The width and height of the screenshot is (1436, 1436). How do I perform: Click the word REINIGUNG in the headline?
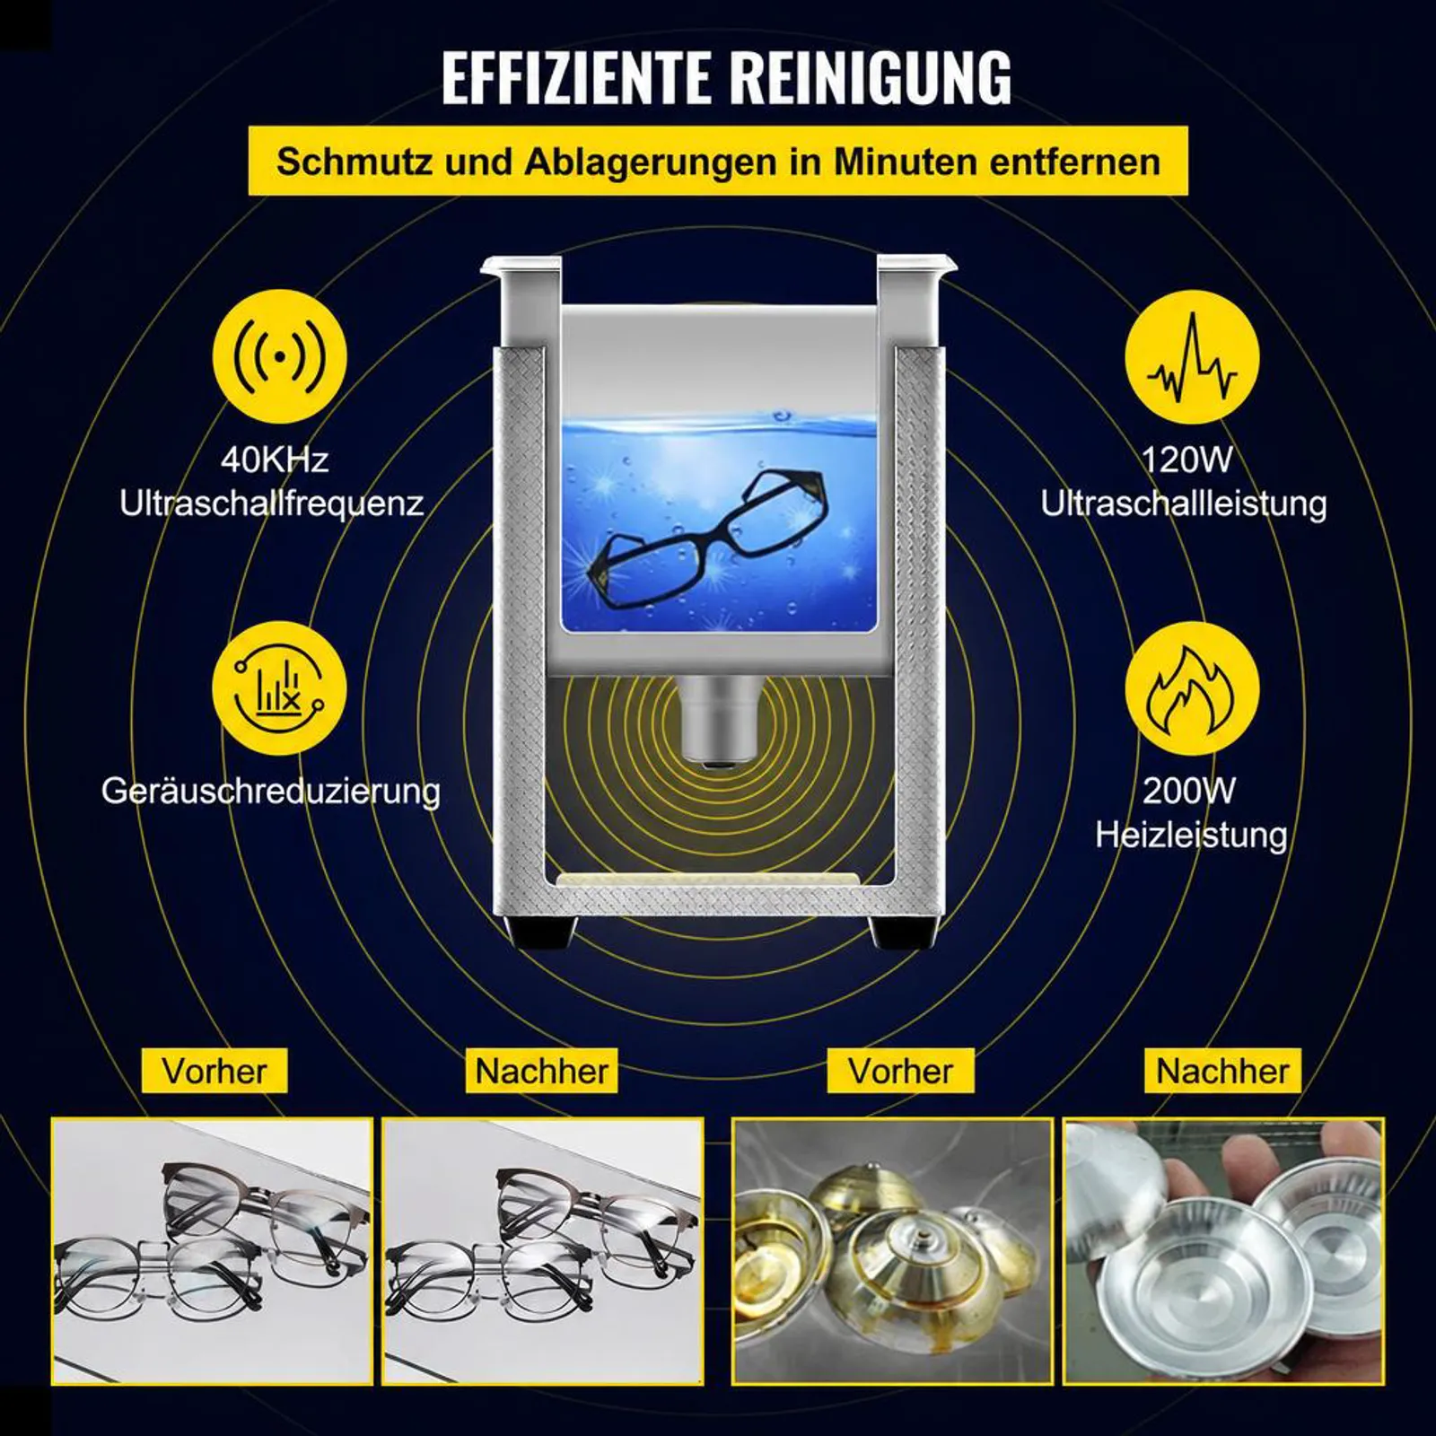coord(871,77)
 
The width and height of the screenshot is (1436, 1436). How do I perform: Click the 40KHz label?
coord(275,460)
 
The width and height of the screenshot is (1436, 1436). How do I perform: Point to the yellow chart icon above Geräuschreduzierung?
coord(279,688)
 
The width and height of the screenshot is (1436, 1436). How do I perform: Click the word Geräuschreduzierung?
coord(271,792)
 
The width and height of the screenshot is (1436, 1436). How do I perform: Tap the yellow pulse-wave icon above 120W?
coord(1192,356)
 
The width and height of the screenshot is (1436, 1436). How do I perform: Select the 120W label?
coord(1186,460)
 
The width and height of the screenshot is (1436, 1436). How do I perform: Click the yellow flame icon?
coord(1192,689)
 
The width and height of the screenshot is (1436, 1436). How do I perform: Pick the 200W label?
coord(1189,791)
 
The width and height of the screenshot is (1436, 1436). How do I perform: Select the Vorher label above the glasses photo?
coord(215,1071)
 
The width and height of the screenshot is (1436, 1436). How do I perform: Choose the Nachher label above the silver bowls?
coord(1222,1071)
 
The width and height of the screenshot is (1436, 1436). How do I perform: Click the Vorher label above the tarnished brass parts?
coord(900,1071)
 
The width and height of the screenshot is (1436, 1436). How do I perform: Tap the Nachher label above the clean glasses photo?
coord(542,1071)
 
